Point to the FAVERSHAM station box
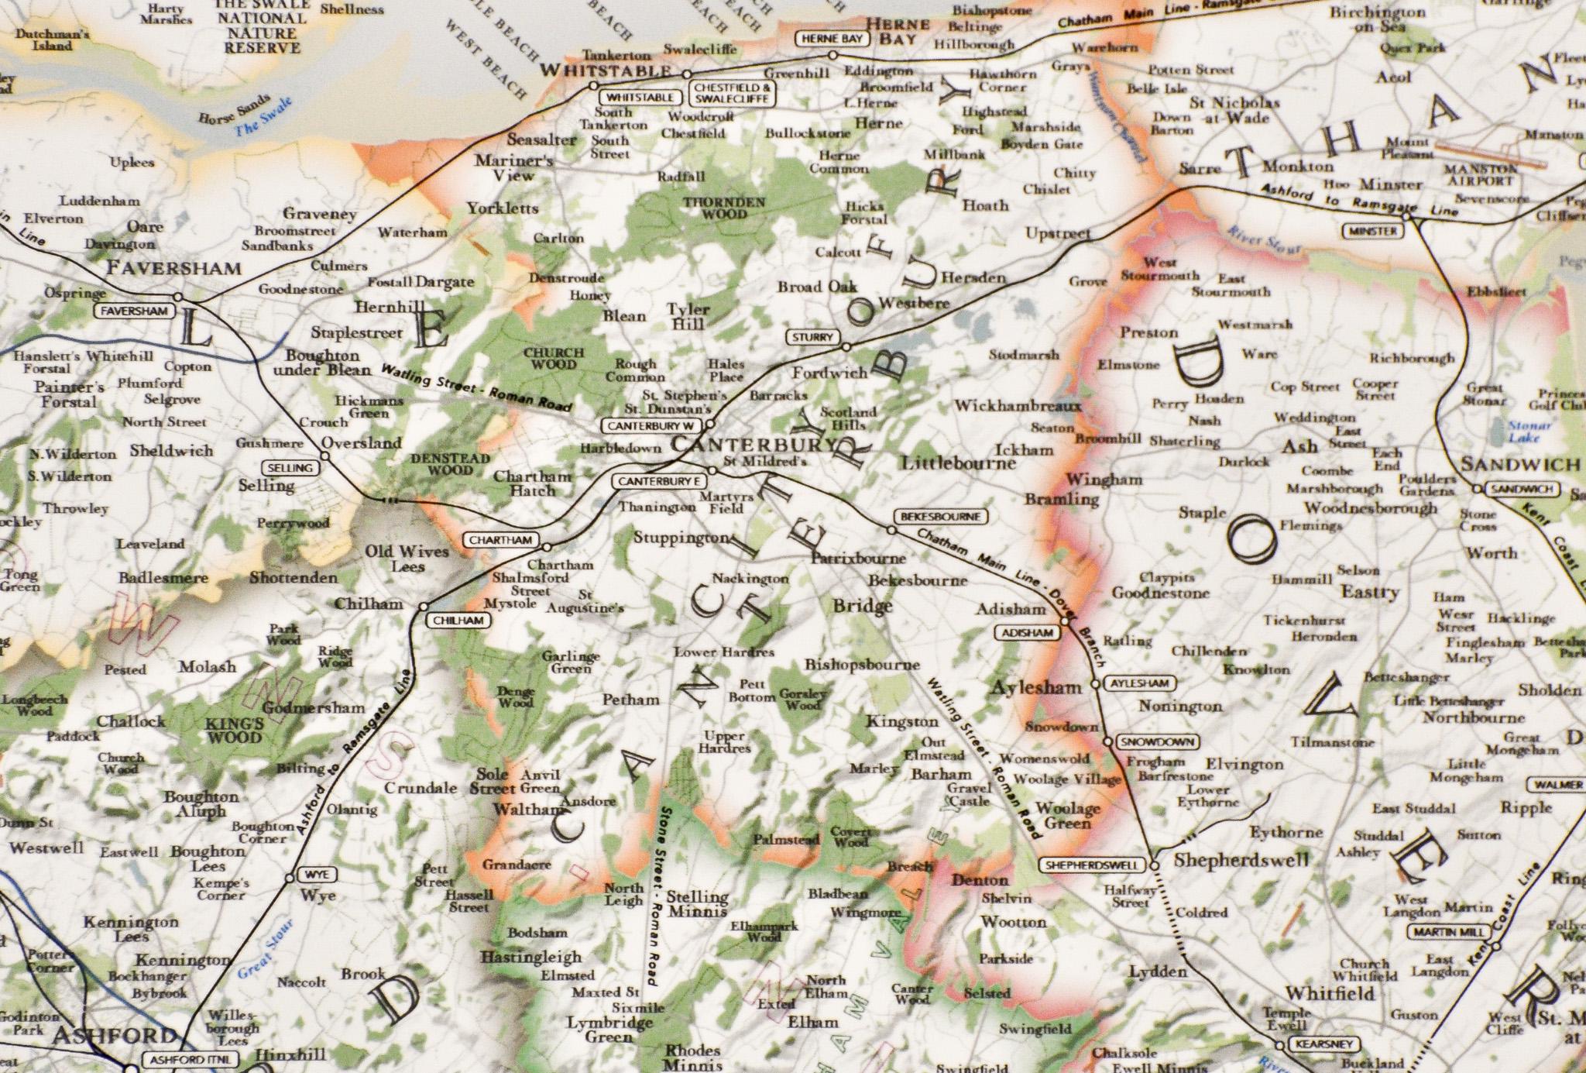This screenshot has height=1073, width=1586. (133, 311)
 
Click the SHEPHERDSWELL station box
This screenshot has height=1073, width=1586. (1093, 865)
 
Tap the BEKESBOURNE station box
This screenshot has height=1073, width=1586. (941, 516)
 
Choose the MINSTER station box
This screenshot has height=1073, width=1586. (1373, 231)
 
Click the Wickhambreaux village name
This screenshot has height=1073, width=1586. (1018, 406)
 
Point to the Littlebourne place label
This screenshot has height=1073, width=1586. (958, 463)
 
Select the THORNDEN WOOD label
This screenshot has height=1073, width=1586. (723, 207)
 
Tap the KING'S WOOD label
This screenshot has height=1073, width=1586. (234, 730)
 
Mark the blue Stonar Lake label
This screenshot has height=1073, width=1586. (1529, 432)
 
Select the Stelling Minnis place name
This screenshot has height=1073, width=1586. (697, 903)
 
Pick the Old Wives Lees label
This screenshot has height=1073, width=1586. (407, 558)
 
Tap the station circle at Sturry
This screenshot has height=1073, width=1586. (846, 346)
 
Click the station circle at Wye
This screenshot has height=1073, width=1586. (290, 878)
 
